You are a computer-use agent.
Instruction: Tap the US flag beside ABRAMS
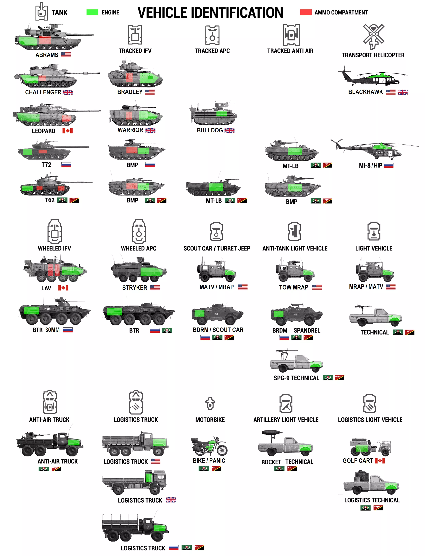66,55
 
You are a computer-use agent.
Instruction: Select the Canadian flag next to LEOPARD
68,131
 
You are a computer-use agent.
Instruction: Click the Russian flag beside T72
66,165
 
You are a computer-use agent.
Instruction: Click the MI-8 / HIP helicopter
374,149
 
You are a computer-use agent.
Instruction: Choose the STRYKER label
135,288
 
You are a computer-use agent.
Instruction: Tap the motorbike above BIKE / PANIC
209,446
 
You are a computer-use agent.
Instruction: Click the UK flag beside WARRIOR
150,131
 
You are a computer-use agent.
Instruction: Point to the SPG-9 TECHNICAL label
296,378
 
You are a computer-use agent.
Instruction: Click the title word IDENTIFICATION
237,13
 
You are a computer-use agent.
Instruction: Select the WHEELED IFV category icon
55,231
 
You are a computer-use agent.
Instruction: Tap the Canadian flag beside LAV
63,288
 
